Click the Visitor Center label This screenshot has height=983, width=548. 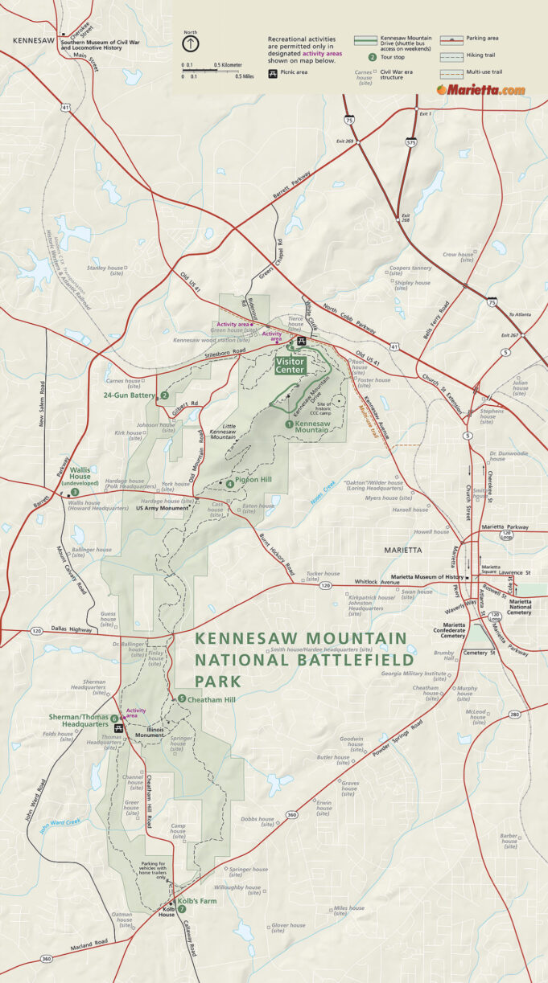point(290,366)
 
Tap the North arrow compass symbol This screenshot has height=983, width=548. point(190,44)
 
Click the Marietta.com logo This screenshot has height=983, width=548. point(481,90)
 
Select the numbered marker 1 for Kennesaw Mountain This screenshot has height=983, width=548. point(289,423)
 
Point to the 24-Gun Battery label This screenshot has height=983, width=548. point(129,395)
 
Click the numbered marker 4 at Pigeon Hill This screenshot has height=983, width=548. point(229,484)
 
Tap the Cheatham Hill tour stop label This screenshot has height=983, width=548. point(211,698)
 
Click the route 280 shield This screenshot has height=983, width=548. point(514,714)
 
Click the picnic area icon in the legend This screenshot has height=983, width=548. point(274,73)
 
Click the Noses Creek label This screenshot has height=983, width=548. point(323,486)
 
